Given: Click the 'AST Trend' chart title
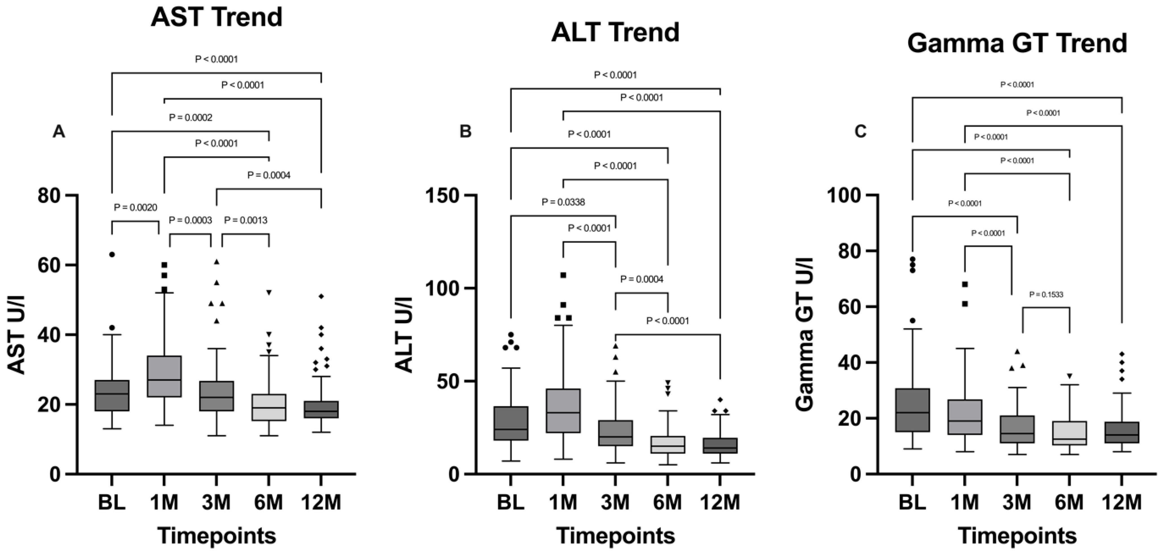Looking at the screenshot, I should pyautogui.click(x=217, y=17).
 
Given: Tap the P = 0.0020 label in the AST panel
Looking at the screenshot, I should pyautogui.click(x=135, y=207).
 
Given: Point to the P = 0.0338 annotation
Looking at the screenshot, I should pyautogui.click(x=563, y=202).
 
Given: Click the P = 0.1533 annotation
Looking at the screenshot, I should pyautogui.click(x=1046, y=295).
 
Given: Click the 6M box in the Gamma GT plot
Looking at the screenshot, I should pyautogui.click(x=1070, y=433).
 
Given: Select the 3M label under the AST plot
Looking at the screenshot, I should pyautogui.click(x=216, y=502).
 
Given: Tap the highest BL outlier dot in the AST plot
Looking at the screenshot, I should pyautogui.click(x=112, y=254).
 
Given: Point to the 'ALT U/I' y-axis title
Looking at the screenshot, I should pyautogui.click(x=403, y=335).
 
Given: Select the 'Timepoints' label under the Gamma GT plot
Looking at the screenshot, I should pyautogui.click(x=1017, y=536).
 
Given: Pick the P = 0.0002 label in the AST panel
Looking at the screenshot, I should pyautogui.click(x=190, y=118).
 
